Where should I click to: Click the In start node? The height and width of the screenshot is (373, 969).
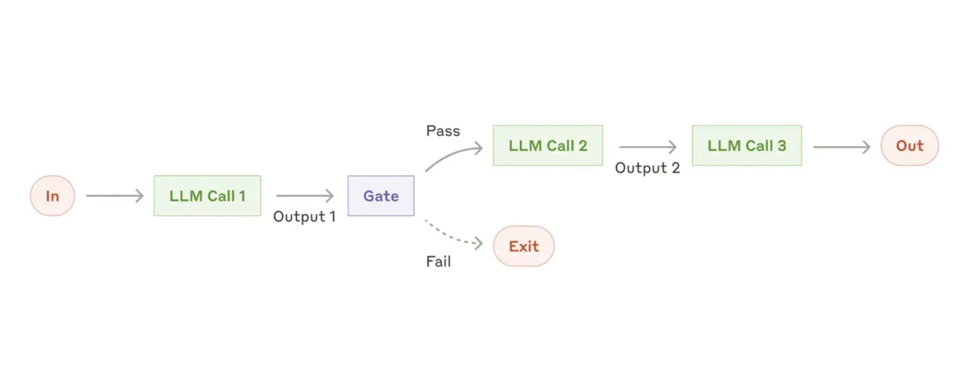coord(53,196)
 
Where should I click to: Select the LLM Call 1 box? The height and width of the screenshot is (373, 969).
coord(207,196)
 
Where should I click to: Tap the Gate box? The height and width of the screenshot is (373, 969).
coord(381,196)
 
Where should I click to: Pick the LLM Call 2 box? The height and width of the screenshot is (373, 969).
coord(548,145)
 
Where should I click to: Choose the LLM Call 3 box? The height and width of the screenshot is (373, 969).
coord(747,145)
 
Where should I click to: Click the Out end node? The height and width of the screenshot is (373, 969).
coord(910,145)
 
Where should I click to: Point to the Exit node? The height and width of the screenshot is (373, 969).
coord(524,246)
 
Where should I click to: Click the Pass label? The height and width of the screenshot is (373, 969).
coord(443,131)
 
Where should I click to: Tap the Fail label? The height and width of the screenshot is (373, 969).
coord(438,261)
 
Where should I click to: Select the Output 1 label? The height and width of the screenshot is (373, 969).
coord(304,217)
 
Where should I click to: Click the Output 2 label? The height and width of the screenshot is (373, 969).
coord(647,168)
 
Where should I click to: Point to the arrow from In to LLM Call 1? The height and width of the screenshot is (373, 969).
coord(115,196)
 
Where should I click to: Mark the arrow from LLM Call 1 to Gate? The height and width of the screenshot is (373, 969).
coord(305,196)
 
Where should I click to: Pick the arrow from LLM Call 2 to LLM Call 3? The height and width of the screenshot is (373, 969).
coord(648,147)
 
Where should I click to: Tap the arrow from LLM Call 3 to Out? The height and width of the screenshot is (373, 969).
coord(841,147)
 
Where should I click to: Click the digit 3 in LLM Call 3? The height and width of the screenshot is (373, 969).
coord(782,146)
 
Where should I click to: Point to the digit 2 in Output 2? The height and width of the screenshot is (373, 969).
coord(676,168)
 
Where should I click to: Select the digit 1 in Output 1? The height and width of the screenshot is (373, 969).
coord(333,217)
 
